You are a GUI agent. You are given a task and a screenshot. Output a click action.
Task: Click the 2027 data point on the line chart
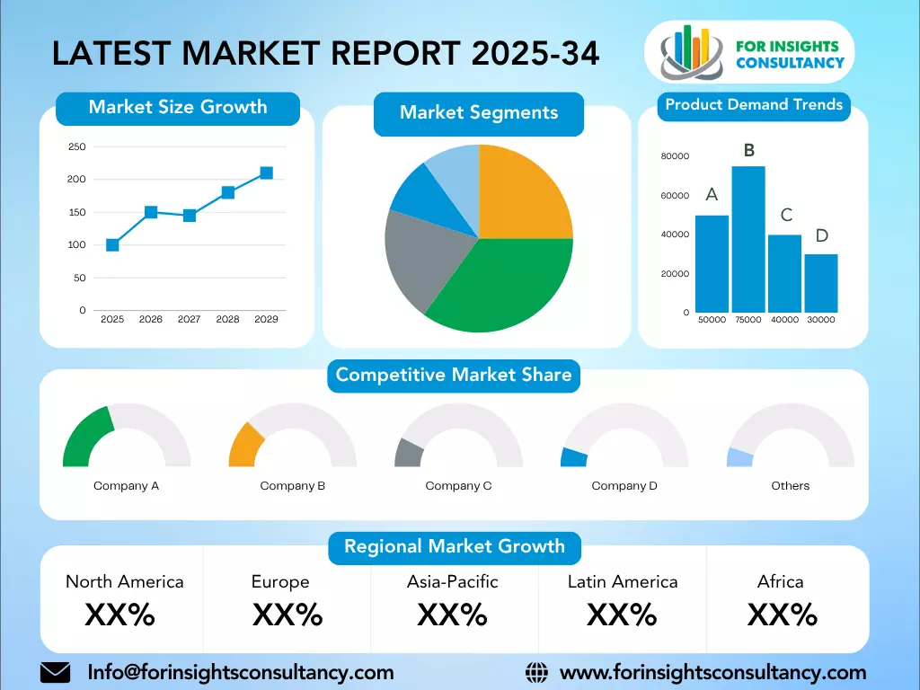coord(190,216)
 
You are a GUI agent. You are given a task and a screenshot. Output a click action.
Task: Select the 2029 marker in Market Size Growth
coord(266,172)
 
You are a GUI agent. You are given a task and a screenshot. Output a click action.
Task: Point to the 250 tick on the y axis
coord(77,147)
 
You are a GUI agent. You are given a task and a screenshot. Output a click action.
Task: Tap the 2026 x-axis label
coord(151,319)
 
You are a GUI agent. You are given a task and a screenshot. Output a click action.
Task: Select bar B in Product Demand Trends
coord(747,239)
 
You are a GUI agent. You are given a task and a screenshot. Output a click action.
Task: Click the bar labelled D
coord(820,283)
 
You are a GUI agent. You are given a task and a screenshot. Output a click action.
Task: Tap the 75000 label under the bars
coord(747,320)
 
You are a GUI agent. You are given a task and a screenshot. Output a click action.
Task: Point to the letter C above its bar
coord(785,215)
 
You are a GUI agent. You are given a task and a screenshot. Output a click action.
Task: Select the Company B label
coord(293,486)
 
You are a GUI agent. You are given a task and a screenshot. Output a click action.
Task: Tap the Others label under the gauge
coord(790,486)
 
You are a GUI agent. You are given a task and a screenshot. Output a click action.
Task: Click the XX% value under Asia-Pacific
coord(452,615)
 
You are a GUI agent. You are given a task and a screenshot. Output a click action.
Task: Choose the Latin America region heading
coord(623,581)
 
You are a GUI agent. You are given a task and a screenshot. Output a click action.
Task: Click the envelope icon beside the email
coord(56,672)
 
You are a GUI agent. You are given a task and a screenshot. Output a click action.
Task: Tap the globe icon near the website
coord(536,672)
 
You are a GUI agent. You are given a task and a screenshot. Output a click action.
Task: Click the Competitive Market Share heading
coord(454,375)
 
